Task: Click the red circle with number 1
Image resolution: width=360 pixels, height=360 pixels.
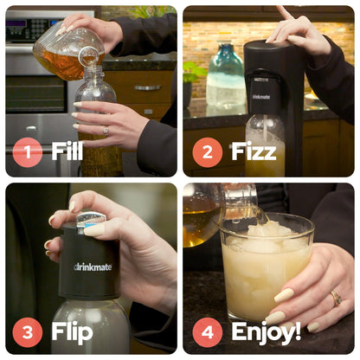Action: click(x=28, y=153)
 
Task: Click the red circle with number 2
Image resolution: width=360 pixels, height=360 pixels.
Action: click(x=207, y=153)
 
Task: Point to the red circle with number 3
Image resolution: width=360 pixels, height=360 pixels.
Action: click(x=28, y=331)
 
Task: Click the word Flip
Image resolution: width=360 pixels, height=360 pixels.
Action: click(x=72, y=331)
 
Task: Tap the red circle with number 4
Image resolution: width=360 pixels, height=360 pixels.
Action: click(x=207, y=331)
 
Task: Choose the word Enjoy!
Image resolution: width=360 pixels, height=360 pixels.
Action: click(x=266, y=331)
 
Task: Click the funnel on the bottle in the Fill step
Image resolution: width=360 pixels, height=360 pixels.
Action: click(x=88, y=58)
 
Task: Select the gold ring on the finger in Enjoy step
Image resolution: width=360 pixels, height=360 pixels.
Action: click(x=335, y=298)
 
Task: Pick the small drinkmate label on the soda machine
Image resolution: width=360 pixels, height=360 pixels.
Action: click(x=260, y=96)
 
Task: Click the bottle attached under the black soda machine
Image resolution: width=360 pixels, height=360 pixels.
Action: click(x=264, y=147)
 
